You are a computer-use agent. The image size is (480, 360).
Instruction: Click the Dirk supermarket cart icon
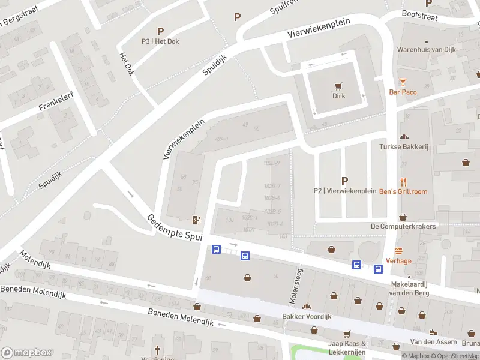[x=340, y=86]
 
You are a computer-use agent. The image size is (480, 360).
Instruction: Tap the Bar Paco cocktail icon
[x=403, y=82]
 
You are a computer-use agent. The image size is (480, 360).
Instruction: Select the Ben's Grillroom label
[x=403, y=191]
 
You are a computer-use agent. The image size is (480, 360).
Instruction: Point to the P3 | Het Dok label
[x=160, y=41]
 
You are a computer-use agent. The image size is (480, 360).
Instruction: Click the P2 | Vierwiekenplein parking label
[x=344, y=191]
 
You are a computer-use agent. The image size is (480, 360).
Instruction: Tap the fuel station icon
[x=196, y=220]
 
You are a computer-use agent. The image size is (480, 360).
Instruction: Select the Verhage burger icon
[x=398, y=251]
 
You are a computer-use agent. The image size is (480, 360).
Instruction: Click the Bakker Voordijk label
[x=307, y=316]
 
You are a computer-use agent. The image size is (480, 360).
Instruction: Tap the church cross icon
[x=158, y=350]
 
